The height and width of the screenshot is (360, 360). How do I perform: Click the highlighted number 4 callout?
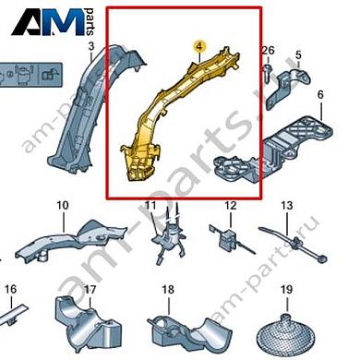(199, 46)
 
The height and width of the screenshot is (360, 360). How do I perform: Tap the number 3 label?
(91, 46)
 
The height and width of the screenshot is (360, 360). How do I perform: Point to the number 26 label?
(269, 50)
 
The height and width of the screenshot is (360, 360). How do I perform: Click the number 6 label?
(320, 94)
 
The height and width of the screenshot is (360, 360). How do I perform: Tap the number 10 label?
(63, 205)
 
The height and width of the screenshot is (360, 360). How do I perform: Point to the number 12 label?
(231, 205)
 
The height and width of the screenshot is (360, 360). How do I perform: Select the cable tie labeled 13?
(293, 243)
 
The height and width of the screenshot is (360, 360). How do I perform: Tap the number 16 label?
(10, 289)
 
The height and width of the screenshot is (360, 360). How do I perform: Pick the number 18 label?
(168, 290)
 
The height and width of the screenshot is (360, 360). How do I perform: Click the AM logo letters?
(48, 22)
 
